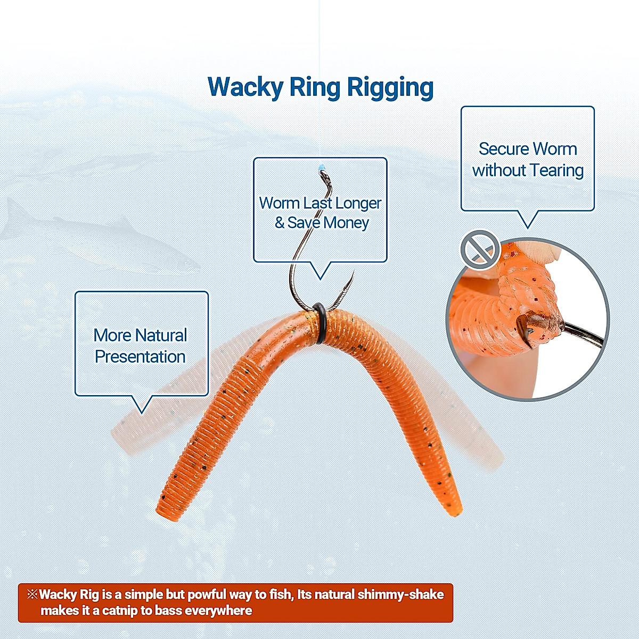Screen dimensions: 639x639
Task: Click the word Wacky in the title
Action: point(245,87)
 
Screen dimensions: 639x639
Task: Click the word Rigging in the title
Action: point(390,88)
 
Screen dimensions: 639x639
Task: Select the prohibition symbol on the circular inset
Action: point(480,249)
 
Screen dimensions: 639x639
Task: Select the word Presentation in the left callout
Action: point(140,357)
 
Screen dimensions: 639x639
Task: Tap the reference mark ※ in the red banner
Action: point(32,594)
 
